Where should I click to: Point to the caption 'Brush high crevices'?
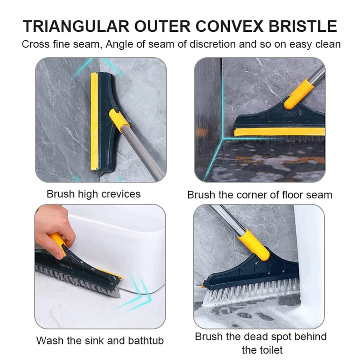point(94,194)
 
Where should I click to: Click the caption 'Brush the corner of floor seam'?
point(260,195)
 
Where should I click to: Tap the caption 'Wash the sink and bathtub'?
point(100,340)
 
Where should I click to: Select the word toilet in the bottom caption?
point(262,349)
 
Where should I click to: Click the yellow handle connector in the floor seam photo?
point(298,94)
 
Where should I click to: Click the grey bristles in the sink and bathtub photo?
point(72,277)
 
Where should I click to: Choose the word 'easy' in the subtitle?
point(298,44)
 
